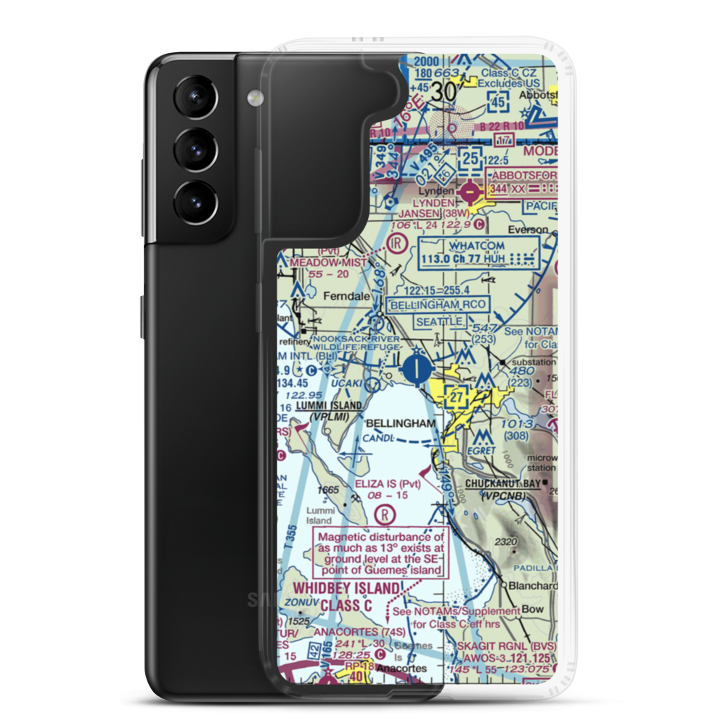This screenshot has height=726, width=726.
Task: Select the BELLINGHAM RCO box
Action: pyautogui.click(x=439, y=304)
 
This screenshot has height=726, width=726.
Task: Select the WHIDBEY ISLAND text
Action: pyautogui.click(x=346, y=588)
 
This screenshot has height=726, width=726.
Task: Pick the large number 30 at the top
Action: pyautogui.click(x=446, y=91)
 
